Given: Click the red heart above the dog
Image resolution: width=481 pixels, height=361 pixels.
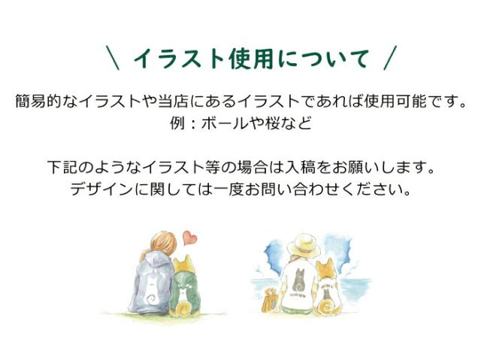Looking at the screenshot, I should point(189,238).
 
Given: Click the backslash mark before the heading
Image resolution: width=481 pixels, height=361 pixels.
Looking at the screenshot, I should point(112,58).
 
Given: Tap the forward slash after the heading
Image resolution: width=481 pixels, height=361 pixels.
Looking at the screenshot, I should point(389,58).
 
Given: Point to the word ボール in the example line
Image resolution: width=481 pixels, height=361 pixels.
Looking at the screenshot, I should point(222,121).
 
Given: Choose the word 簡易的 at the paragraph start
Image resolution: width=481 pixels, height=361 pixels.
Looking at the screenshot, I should point(41,100).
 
